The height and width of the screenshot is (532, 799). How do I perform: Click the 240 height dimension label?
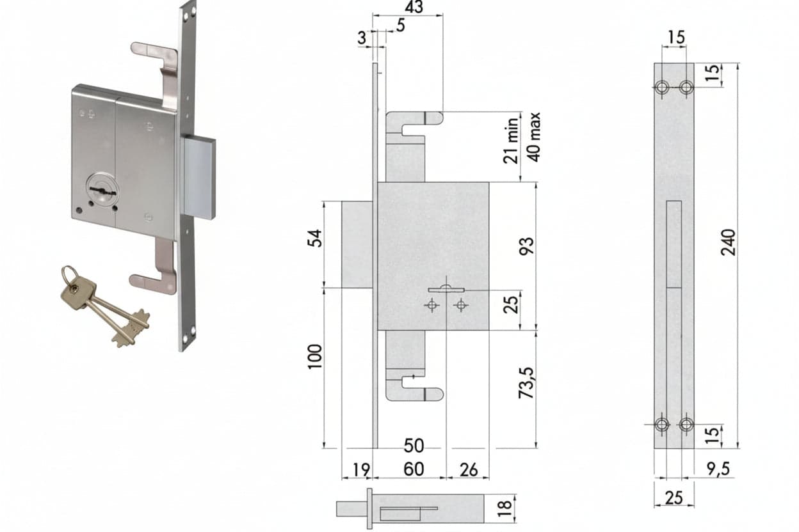729,242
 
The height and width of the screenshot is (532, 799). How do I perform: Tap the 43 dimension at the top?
414,7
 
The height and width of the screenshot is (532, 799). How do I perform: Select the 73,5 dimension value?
527,383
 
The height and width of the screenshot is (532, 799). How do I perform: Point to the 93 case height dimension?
527,246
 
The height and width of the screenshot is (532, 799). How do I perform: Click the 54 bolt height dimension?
314,239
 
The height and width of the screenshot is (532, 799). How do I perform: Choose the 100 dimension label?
314,357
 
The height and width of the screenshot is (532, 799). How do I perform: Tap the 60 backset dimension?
414,469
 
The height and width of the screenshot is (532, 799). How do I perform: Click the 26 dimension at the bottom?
469,470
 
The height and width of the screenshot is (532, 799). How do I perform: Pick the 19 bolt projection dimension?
361,470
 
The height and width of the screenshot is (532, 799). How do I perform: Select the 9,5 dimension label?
718,469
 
